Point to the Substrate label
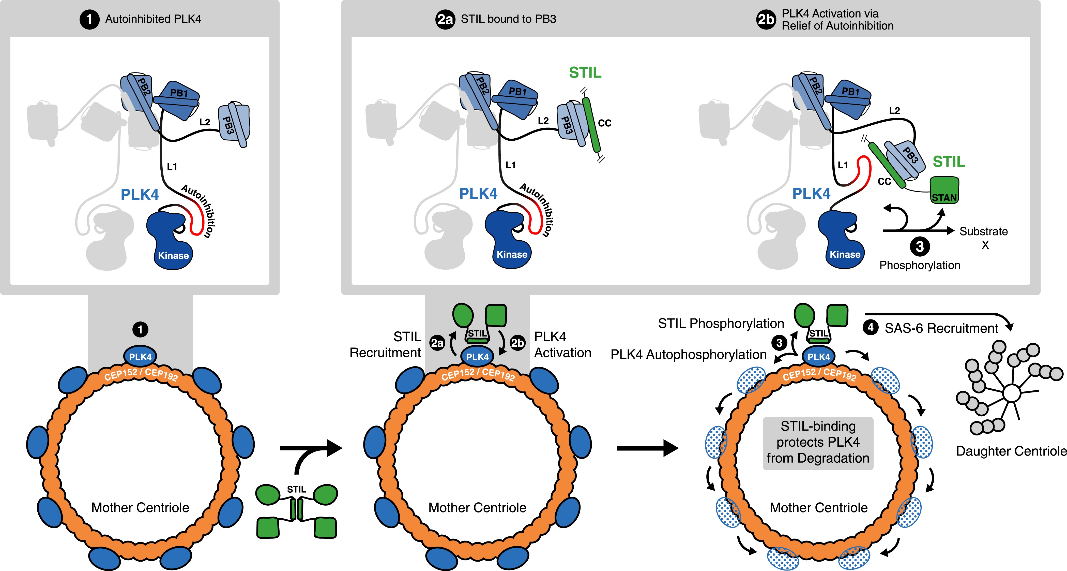(983, 231)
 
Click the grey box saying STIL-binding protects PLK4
(818, 443)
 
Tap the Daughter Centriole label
(1011, 451)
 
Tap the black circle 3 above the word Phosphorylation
(920, 246)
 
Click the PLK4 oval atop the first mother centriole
(140, 356)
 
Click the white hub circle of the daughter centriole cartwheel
(1012, 393)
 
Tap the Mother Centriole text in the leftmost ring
(140, 508)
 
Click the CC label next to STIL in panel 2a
(605, 123)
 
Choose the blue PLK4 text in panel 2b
(811, 194)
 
